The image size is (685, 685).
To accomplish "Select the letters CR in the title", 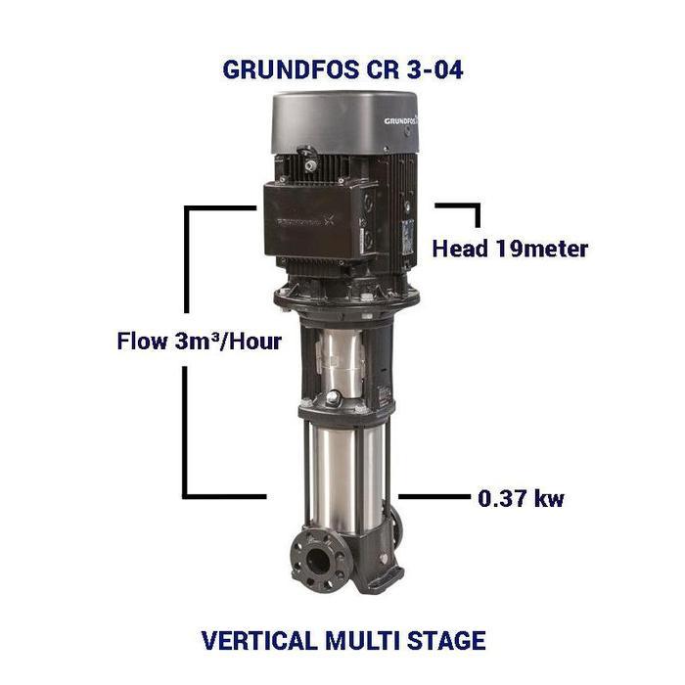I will [372, 70].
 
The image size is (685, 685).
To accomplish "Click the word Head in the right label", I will [461, 249].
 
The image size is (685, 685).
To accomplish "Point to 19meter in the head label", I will [542, 249].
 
